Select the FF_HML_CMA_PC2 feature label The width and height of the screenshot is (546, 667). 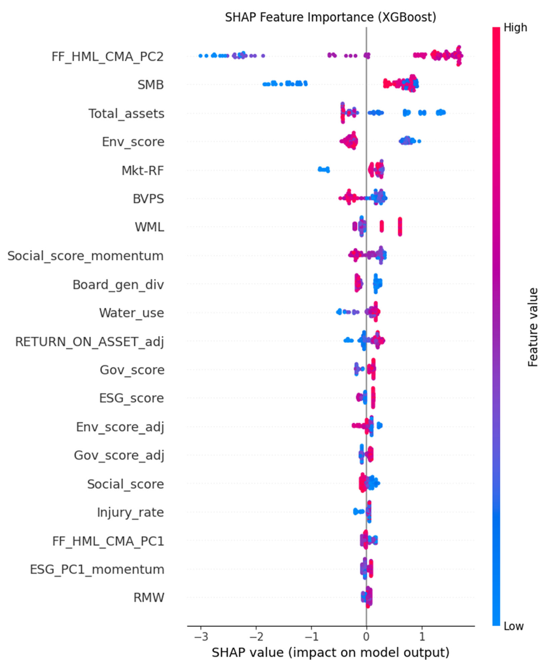point(107,57)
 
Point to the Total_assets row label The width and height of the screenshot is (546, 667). point(126,114)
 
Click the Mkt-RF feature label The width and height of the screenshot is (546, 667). point(143,171)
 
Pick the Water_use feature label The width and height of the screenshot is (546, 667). point(132,313)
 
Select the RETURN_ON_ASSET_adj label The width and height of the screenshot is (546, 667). point(90,342)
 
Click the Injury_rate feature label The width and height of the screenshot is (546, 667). point(130,512)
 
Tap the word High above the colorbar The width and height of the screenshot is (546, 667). point(515,28)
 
